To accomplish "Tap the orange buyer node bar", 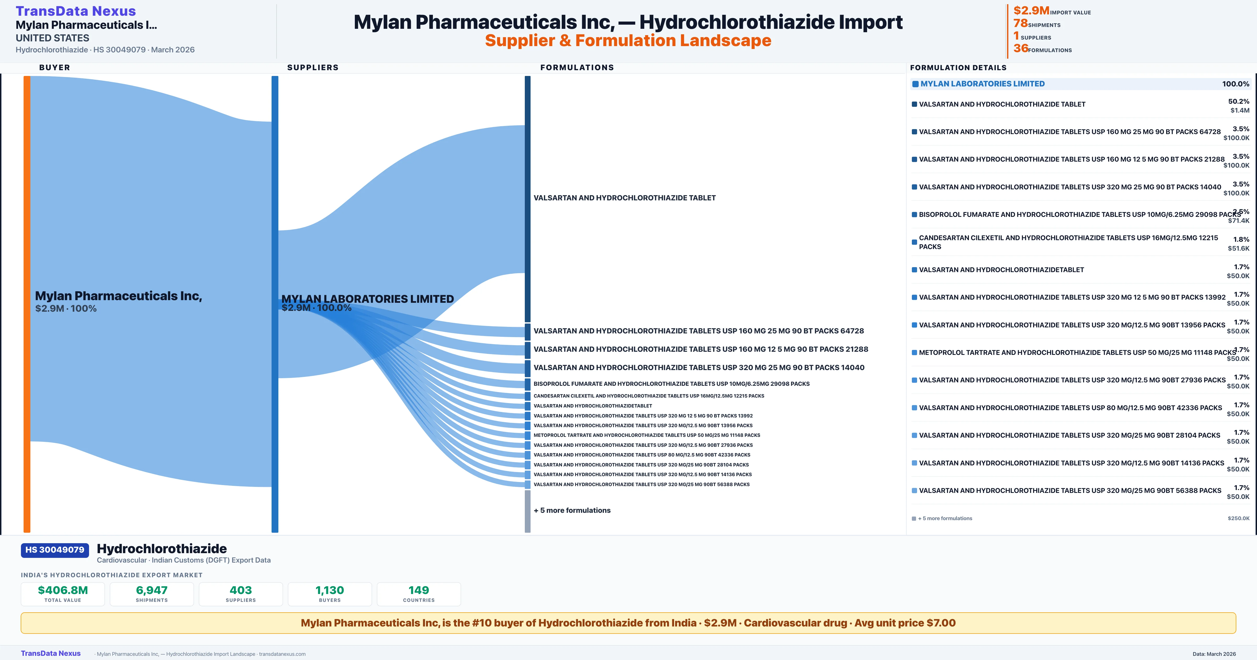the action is pyautogui.click(x=27, y=304).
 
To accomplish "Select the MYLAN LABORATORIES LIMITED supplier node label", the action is pyautogui.click(x=367, y=299).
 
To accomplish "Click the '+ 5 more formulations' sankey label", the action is pyautogui.click(x=572, y=510).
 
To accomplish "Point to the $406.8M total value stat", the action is pyautogui.click(x=63, y=590).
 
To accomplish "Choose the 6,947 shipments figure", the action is pyautogui.click(x=152, y=590).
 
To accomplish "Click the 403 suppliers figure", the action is pyautogui.click(x=241, y=590).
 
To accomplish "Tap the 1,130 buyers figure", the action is pyautogui.click(x=330, y=590).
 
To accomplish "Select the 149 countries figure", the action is pyautogui.click(x=419, y=590).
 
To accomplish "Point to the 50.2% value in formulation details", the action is pyautogui.click(x=1238, y=102).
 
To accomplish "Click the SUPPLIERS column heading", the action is pyautogui.click(x=313, y=67).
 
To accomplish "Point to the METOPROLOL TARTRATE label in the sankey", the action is pyautogui.click(x=647, y=435).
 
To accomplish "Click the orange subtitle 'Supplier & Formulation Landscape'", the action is pyautogui.click(x=628, y=41).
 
